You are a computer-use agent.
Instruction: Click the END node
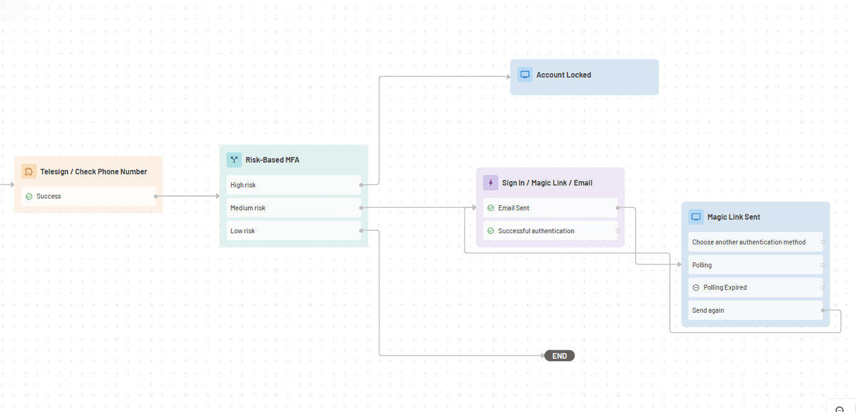click(x=559, y=356)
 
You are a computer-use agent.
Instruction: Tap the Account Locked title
click(x=564, y=75)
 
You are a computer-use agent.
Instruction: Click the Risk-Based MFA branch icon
click(x=234, y=159)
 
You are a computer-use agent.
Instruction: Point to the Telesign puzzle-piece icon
click(x=29, y=171)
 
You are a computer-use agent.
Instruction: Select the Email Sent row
click(x=550, y=208)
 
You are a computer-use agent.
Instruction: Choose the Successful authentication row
click(x=550, y=231)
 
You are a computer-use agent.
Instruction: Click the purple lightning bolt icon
click(x=490, y=182)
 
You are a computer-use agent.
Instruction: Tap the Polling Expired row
click(x=755, y=287)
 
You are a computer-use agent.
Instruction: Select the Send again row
click(x=755, y=310)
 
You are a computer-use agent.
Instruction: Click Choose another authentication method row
click(x=755, y=242)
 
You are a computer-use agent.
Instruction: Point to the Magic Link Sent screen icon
click(x=696, y=217)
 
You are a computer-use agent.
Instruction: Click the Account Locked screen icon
click(x=525, y=75)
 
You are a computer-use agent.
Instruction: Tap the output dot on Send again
click(x=822, y=310)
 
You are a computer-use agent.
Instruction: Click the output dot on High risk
click(x=361, y=185)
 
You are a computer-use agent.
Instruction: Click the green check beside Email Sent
click(x=491, y=208)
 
